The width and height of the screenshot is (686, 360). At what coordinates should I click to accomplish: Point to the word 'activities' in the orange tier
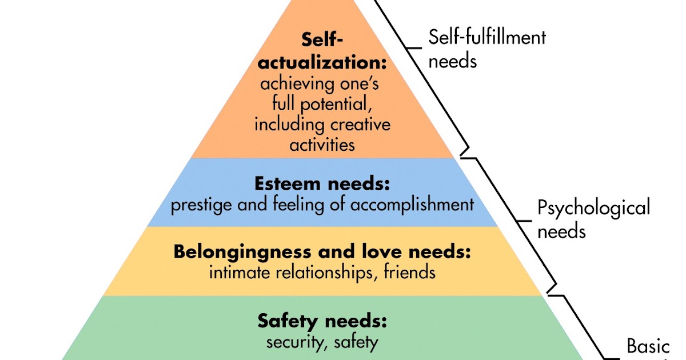point(322,144)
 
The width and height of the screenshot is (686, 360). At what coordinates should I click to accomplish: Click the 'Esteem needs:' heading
point(322,185)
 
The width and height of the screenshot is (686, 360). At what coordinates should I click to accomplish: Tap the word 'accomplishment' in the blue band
point(414,205)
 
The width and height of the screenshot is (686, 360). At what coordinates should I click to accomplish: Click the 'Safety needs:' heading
point(322,320)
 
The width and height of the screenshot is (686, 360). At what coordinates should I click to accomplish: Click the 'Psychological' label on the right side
point(594,207)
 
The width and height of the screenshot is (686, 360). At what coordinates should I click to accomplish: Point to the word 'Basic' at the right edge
point(648,346)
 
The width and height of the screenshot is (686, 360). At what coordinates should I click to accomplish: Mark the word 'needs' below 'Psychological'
point(561,231)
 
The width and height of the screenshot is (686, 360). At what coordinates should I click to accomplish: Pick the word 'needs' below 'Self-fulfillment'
point(452,61)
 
